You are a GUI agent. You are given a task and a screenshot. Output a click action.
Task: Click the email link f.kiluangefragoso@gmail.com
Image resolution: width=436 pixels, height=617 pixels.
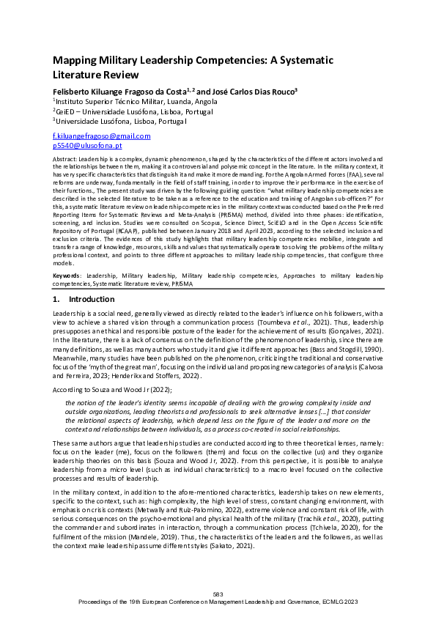point(101,136)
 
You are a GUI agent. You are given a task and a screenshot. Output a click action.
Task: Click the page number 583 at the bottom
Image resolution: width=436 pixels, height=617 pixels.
point(218,594)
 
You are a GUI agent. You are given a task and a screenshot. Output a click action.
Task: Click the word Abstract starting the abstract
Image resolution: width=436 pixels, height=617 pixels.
point(66,158)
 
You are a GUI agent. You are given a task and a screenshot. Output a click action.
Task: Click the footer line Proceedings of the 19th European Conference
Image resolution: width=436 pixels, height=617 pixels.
point(218,600)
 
